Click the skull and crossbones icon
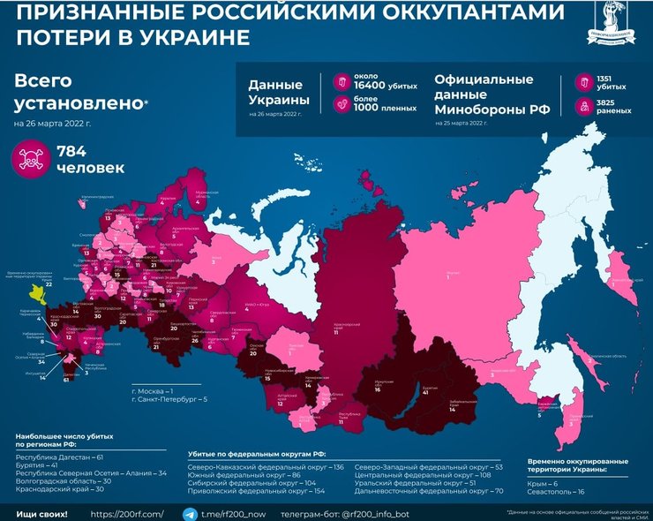tap(31, 158)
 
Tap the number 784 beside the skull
tap(71, 151)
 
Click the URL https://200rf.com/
tap(127, 512)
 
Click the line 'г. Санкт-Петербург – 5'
tap(169, 400)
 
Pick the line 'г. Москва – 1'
tap(152, 389)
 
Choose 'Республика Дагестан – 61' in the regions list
tap(60, 457)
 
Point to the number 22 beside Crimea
tap(49, 284)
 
